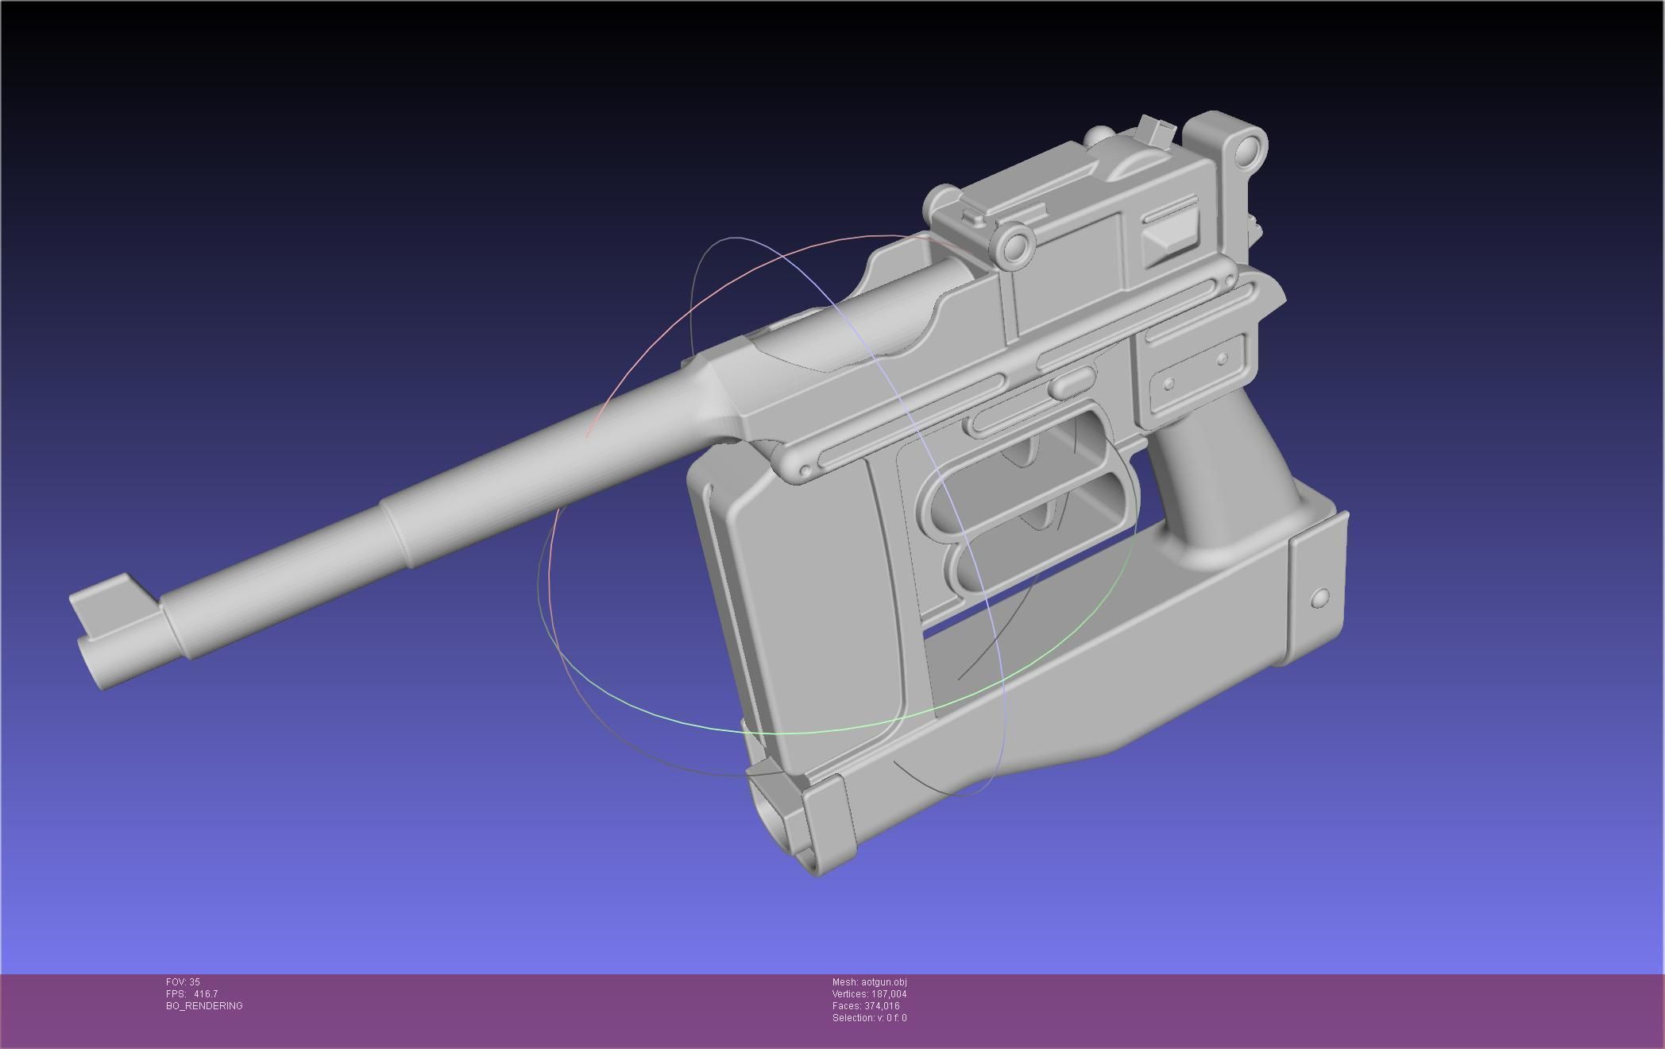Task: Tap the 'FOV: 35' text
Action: pos(183,982)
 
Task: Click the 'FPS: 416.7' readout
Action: pos(191,994)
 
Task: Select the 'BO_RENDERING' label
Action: pos(204,1006)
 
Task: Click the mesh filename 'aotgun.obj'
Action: pos(883,982)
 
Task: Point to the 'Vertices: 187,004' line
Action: pos(869,994)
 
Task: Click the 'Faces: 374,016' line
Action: pos(866,1006)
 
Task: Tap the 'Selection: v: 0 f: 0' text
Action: pos(869,1018)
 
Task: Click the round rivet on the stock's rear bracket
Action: pos(1320,598)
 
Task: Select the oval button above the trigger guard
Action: pos(1072,382)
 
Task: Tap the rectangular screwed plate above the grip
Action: pos(1196,372)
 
